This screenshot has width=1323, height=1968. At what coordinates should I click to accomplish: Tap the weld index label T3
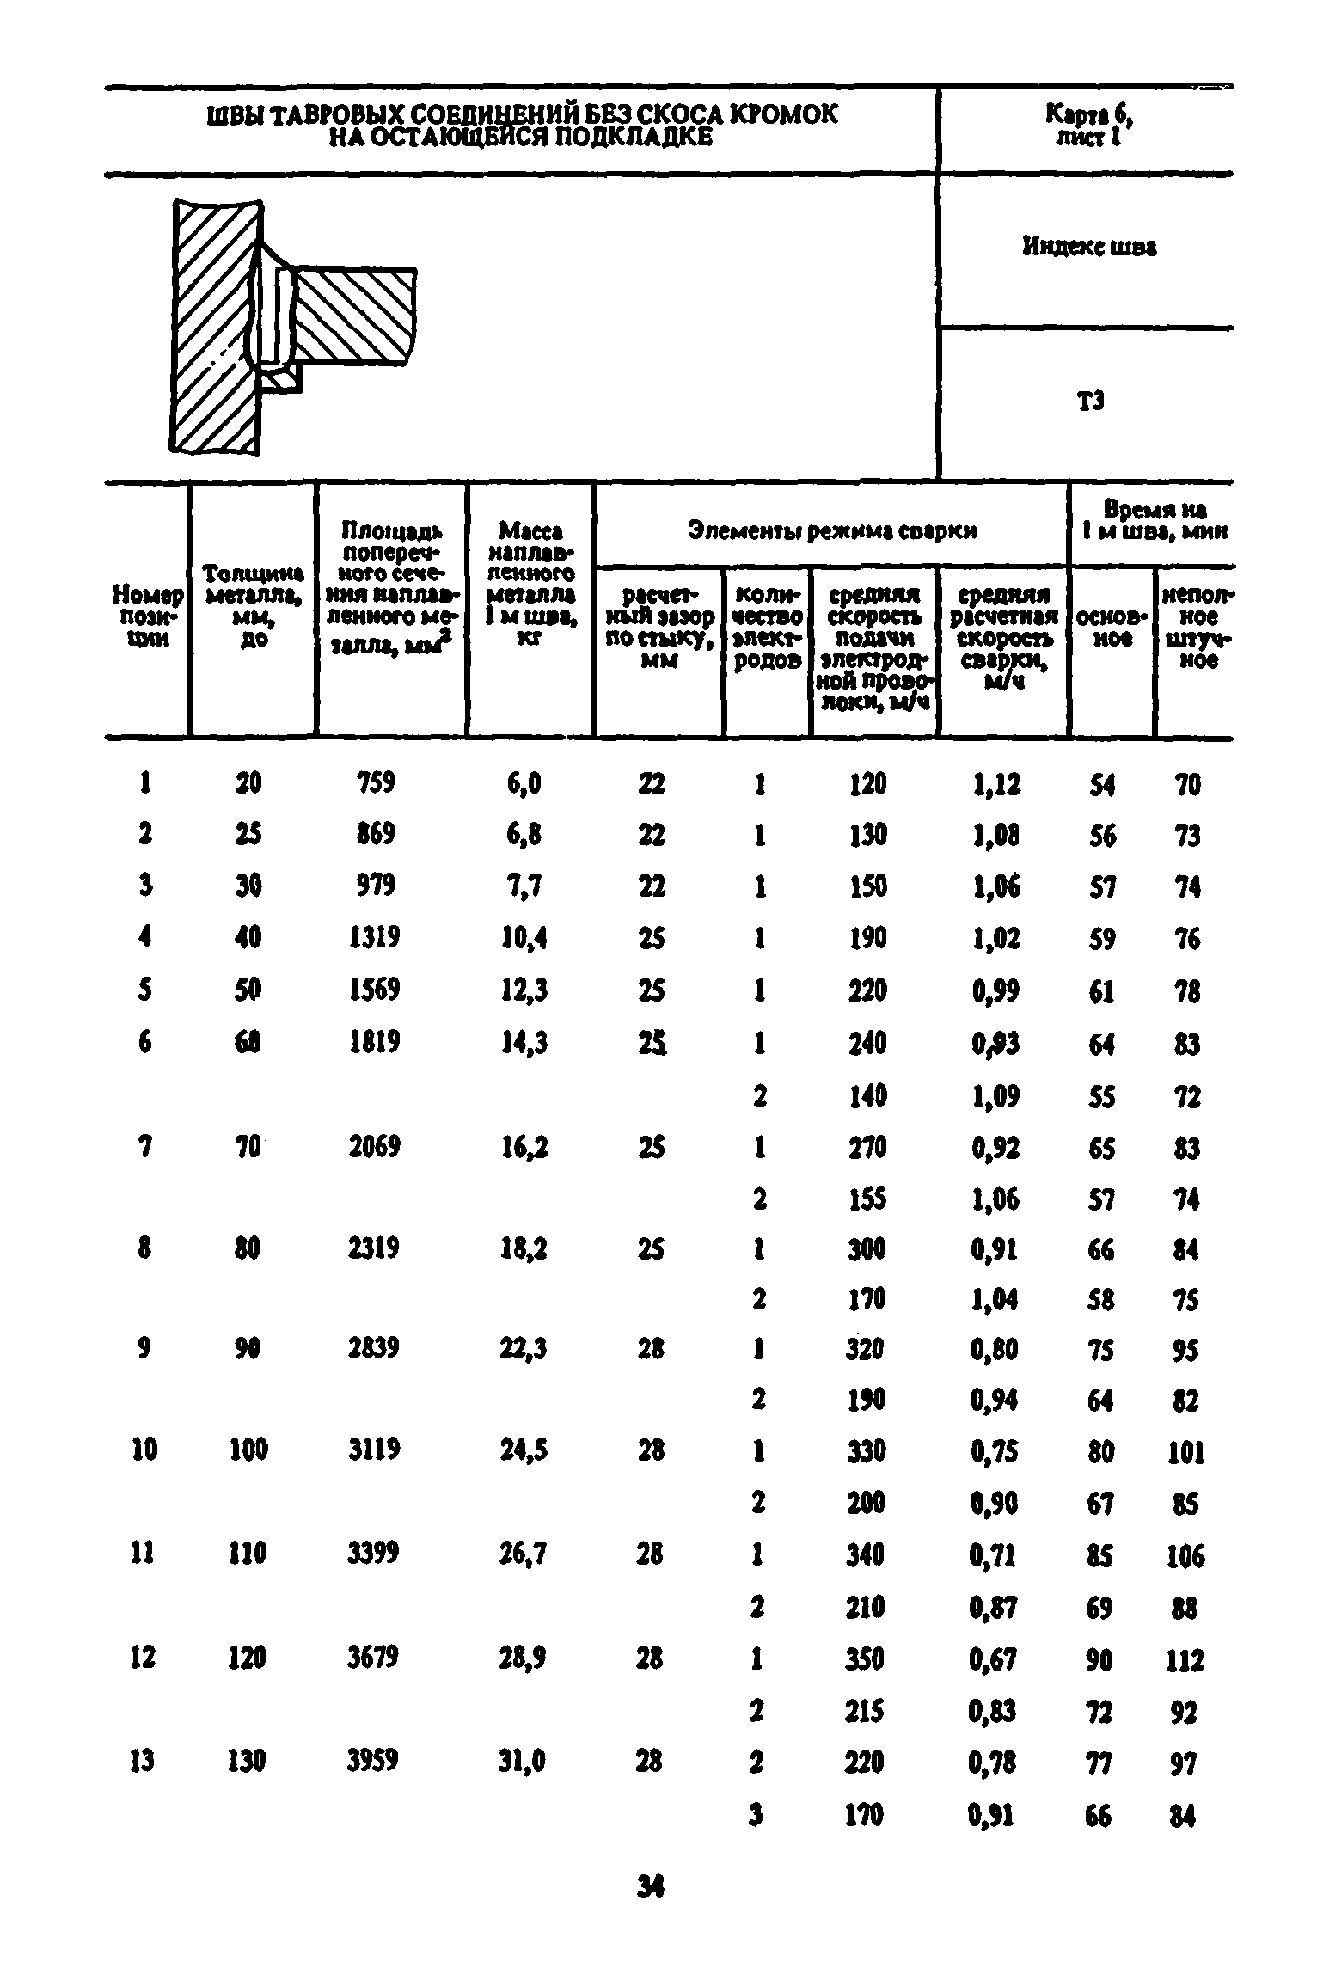pos(1089,401)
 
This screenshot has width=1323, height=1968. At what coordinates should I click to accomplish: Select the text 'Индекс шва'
pos(1088,248)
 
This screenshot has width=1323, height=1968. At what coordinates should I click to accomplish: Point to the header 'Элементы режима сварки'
pos(831,531)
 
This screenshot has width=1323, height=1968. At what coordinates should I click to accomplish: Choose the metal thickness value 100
pos(248,1450)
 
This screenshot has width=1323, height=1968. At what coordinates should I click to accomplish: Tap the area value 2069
pos(374,1146)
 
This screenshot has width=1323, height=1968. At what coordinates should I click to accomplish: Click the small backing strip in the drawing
pos(282,378)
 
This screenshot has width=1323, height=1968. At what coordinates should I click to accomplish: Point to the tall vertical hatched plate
pos(215,327)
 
